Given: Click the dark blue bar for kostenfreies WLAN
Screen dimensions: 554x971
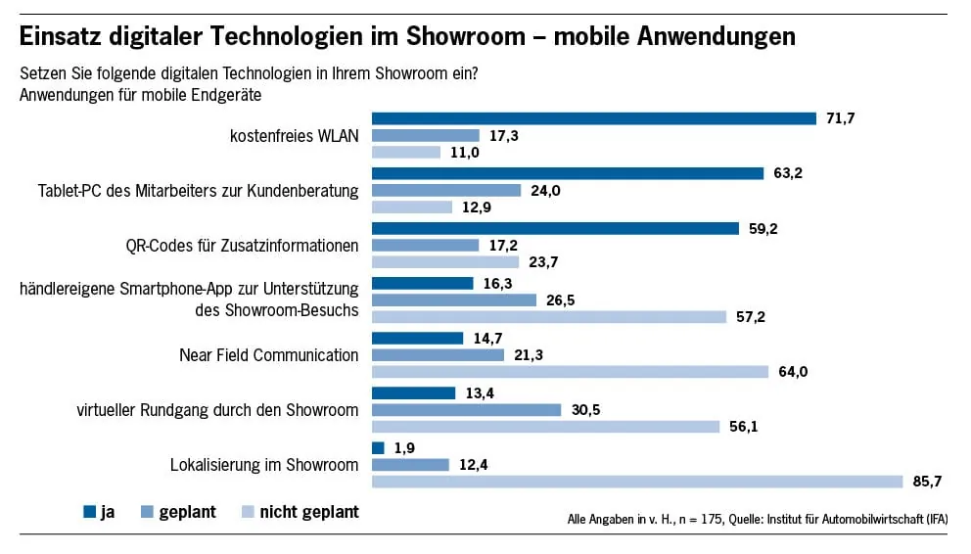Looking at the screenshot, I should (593, 118).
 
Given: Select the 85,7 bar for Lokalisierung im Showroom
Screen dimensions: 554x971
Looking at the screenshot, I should (637, 481).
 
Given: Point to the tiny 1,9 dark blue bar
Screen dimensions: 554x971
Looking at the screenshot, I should (378, 447).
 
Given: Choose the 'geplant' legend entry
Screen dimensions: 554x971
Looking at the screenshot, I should (178, 511).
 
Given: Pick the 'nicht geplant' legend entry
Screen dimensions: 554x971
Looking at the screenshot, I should (299, 511).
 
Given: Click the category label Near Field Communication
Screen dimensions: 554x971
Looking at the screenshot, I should (268, 355).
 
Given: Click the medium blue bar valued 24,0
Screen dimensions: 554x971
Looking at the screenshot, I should (446, 191).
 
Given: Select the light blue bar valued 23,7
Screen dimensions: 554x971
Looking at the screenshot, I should (445, 262).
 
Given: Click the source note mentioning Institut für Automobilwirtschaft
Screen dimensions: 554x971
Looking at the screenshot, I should (757, 518).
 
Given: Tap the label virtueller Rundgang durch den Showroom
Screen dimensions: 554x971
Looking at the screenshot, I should (217, 410).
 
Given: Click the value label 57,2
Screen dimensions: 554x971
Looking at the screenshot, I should (752, 317).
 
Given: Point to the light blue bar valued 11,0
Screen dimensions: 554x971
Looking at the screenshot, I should (406, 152).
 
